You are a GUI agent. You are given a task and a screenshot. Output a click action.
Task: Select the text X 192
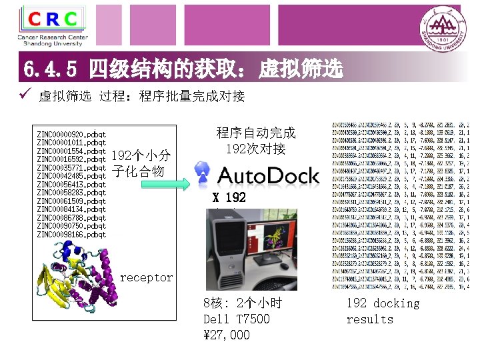tap(229, 198)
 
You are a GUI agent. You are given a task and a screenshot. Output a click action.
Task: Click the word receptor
tap(146, 277)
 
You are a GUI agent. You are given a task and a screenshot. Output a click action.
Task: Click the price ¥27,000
tap(227, 335)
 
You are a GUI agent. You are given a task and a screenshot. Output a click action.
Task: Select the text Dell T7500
tap(237, 319)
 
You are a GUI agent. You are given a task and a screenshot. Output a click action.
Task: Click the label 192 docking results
tap(383, 311)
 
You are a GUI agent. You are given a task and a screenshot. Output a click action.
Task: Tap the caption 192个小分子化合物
tap(141, 163)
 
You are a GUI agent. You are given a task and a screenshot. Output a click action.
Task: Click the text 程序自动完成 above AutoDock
tap(256, 133)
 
